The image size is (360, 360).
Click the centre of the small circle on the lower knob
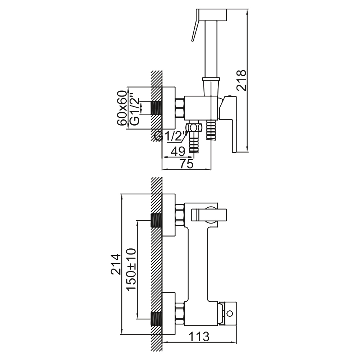coord(229,313)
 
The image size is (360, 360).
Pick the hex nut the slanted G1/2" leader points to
coord(194,128)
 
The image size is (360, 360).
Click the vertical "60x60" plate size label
coord(122,108)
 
